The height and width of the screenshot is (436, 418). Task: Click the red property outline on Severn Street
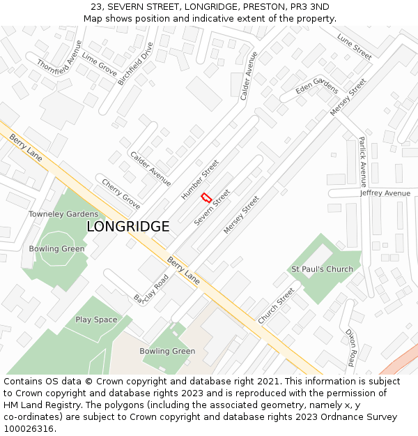pos(206,197)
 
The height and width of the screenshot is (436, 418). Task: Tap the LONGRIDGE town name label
pos(127,227)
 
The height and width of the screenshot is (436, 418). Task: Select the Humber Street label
pos(200,179)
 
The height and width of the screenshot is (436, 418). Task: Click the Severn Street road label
pos(212,207)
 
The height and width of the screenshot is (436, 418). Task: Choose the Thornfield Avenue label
pos(59,57)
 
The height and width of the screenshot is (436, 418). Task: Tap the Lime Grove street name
pos(99,64)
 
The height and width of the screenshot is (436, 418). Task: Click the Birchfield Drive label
pos(135,63)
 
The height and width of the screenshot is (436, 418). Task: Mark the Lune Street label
pos(354,46)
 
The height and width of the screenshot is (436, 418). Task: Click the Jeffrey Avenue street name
pos(385,193)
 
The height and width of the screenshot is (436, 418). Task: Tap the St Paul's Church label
pos(322,269)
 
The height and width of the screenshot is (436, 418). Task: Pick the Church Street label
pos(277,306)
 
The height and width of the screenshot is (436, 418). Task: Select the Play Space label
pos(96,320)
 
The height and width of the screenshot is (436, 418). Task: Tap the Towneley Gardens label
pos(63,213)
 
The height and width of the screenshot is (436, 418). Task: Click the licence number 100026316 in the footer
pos(29,428)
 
